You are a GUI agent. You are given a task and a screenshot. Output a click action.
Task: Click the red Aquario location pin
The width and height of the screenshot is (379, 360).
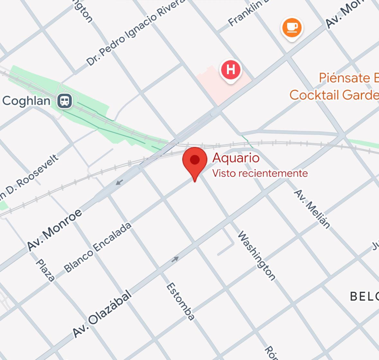(195, 161)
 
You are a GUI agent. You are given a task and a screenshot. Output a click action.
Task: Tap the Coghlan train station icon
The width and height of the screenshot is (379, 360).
(65, 101)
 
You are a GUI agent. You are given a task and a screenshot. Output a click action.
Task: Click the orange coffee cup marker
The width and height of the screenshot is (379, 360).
(292, 28)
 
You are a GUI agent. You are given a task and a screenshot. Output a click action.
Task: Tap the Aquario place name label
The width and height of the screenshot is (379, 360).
(236, 158)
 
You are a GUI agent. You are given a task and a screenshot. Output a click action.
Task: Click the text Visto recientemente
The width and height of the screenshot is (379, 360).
(260, 173)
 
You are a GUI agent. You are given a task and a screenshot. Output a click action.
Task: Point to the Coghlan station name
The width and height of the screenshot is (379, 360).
(26, 101)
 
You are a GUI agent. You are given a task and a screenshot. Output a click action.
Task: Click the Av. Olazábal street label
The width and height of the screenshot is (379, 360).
(102, 314)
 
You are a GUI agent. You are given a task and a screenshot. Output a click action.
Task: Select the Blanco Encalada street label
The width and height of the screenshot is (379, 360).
(97, 248)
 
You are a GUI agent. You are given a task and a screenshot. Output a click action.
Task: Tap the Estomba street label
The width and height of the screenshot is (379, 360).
(180, 301)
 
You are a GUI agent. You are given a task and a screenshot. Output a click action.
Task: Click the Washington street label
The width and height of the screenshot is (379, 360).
(256, 256)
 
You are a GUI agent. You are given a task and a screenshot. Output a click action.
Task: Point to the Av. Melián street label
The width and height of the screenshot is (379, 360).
(312, 209)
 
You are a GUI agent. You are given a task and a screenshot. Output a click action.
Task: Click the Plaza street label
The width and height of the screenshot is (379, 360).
(45, 270)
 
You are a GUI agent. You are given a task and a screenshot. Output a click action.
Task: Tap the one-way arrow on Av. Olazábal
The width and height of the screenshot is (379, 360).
(175, 259)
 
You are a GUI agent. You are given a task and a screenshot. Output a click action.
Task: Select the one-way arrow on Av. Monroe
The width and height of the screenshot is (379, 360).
(119, 183)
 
